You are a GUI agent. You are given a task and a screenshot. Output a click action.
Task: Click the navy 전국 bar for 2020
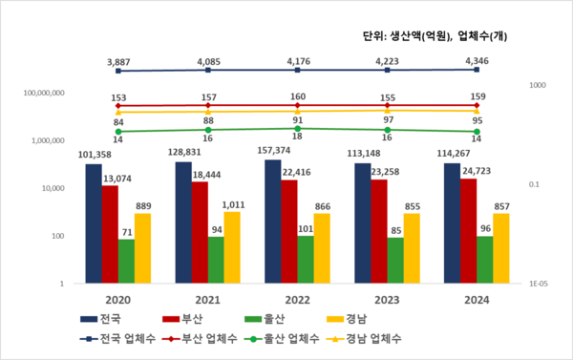click(x=94, y=223)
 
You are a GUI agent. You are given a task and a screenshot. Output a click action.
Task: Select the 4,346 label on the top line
click(x=477, y=60)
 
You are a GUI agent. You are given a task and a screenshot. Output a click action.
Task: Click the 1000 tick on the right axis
click(x=537, y=86)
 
